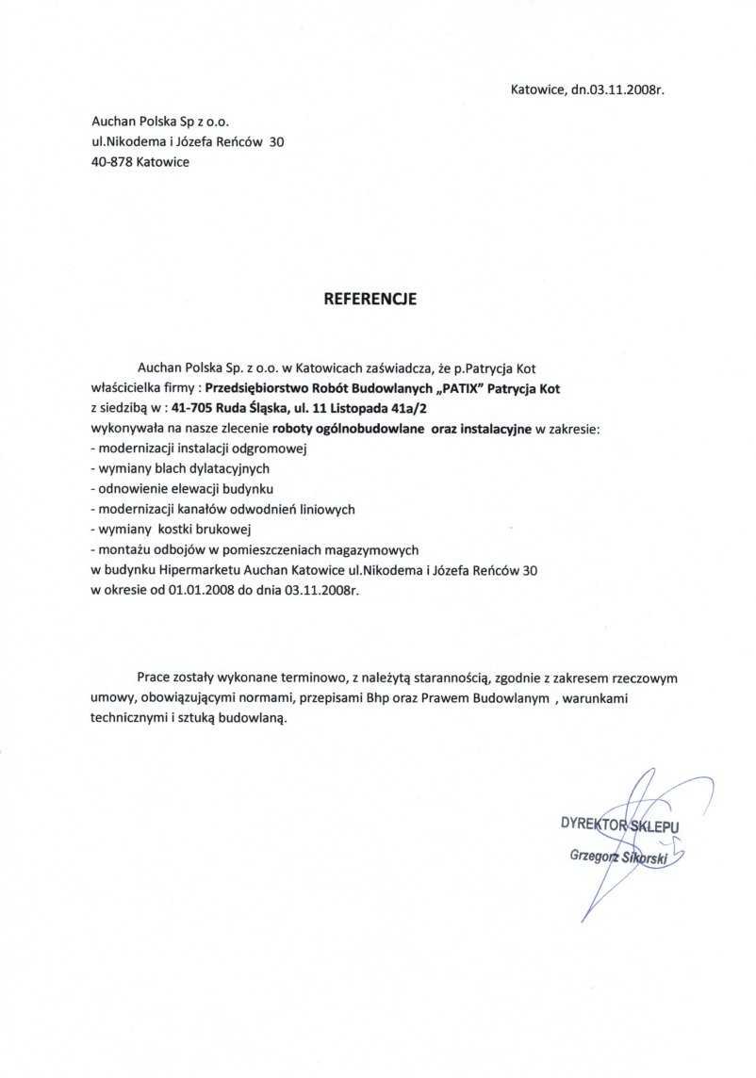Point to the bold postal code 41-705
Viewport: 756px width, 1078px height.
[x=193, y=408]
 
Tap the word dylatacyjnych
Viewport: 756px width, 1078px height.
[x=209, y=468]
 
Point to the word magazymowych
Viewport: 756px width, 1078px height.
[x=370, y=548]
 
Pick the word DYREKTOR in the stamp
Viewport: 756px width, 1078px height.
[x=595, y=824]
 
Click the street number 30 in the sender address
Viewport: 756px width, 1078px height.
[x=276, y=142]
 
